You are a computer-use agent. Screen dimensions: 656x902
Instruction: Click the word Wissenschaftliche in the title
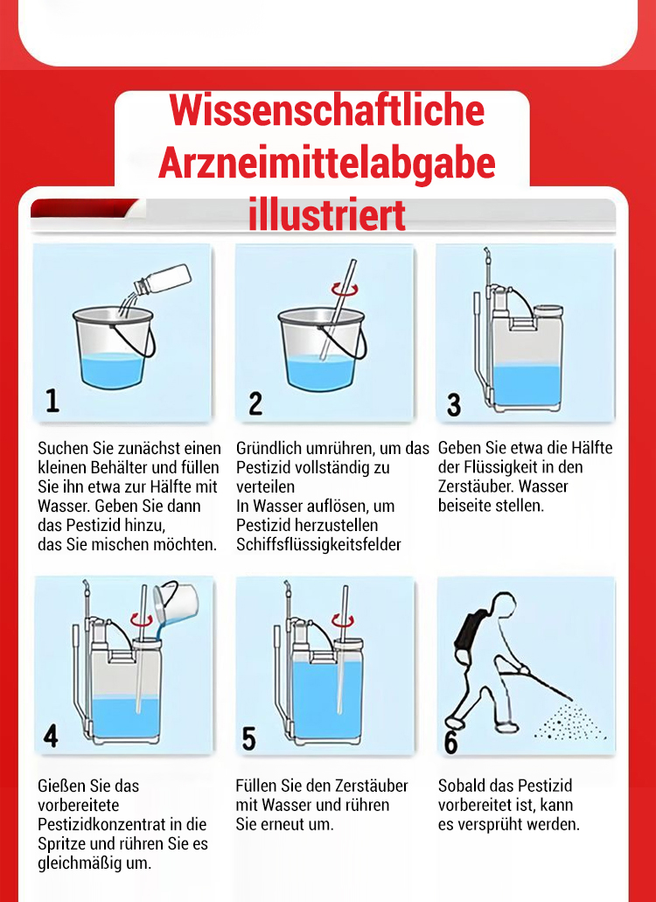point(327,109)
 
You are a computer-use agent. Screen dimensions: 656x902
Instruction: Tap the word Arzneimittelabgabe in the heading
point(327,164)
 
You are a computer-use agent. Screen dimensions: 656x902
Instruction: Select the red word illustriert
point(327,214)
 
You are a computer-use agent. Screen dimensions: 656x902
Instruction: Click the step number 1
point(52,401)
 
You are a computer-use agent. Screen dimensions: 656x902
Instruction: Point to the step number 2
point(255,403)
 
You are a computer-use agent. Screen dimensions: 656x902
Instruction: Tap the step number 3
point(454,404)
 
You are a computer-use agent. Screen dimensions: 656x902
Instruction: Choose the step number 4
point(51,735)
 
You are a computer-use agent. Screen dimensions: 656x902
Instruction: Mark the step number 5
point(248,738)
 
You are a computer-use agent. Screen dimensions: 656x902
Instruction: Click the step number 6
point(451,741)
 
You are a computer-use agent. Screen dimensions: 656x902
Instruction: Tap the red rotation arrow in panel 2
point(345,288)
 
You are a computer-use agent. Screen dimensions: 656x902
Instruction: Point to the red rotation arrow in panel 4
point(142,619)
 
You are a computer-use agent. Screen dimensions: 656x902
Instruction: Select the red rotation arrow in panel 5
point(343,620)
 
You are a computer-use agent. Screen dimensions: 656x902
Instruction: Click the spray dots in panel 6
point(569,721)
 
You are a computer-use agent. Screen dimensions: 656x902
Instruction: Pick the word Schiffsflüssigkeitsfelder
point(318,544)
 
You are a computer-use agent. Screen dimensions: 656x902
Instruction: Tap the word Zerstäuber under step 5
point(372,786)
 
